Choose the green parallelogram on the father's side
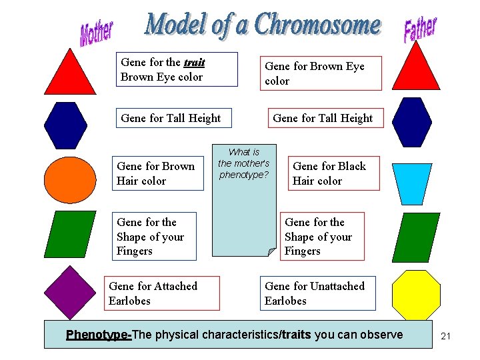click(x=417, y=237)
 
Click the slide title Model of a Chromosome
click(x=263, y=25)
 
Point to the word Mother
click(x=97, y=33)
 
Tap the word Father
click(x=420, y=29)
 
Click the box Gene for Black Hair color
click(x=329, y=173)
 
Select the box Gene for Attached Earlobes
click(x=163, y=293)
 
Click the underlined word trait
click(x=194, y=63)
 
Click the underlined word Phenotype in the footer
click(x=99, y=335)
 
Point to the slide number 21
click(x=446, y=336)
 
